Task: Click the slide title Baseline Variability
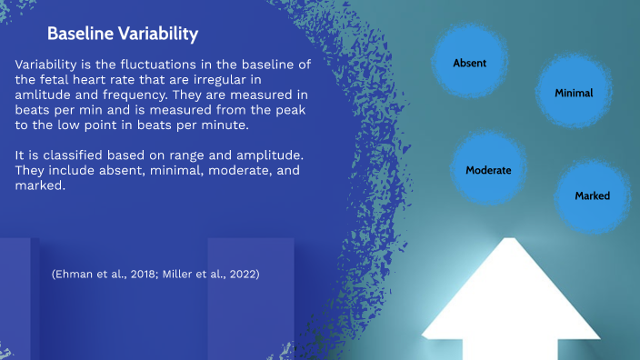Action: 123,35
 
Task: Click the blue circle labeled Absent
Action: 470,63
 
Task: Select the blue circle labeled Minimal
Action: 574,93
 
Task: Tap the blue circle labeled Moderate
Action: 488,170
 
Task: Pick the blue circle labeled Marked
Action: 592,195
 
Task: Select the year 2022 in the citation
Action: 238,274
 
